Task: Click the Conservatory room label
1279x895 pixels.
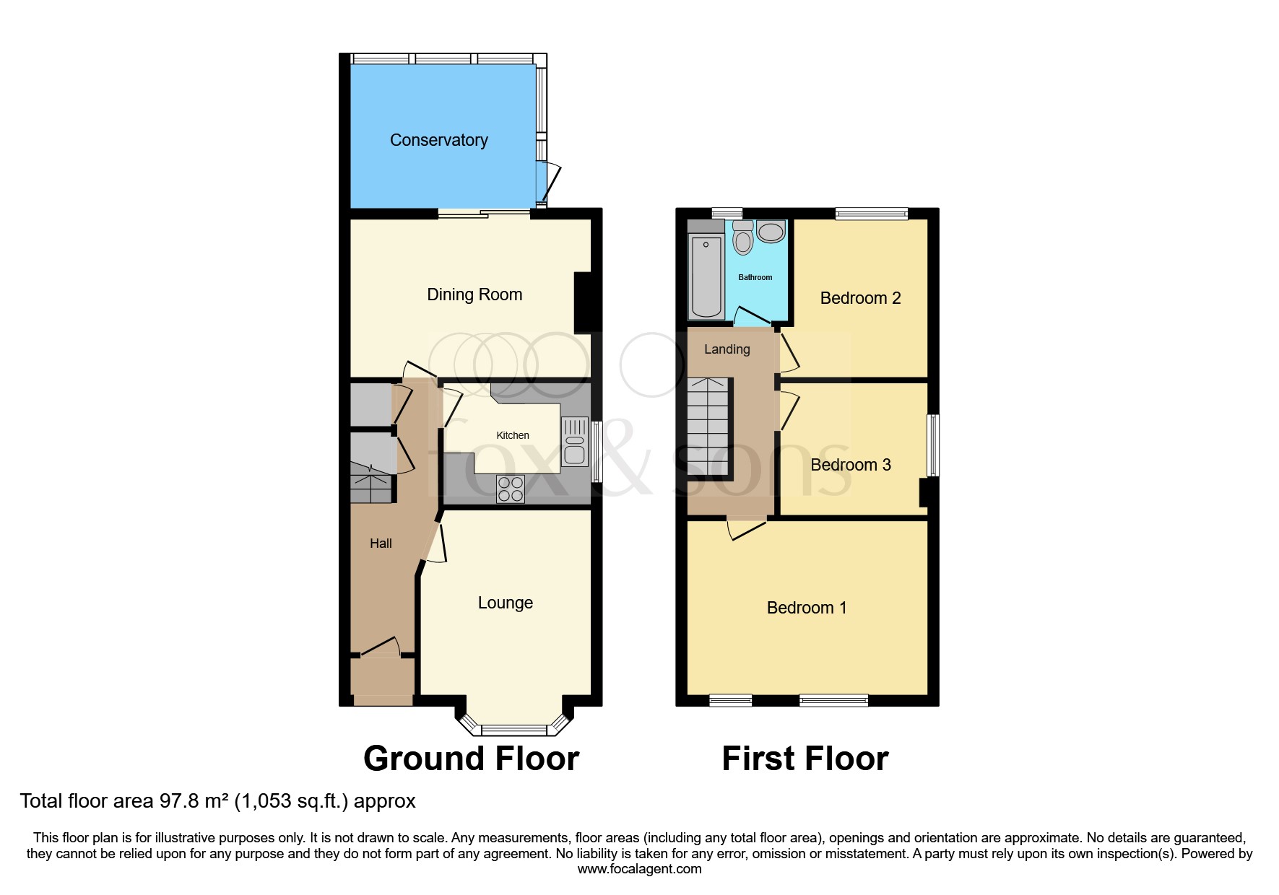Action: coord(438,140)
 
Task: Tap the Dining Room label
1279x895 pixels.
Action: coord(474,294)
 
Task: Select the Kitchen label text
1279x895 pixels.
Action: coord(513,435)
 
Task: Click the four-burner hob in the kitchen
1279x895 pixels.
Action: coord(511,489)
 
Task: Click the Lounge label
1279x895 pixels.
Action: coord(506,603)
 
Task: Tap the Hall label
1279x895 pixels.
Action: coord(381,543)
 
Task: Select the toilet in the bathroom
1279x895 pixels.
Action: coord(742,239)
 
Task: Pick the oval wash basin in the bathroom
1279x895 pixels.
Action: coord(771,232)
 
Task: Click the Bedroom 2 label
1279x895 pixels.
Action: coord(860,298)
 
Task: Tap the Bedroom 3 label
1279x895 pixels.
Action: coord(851,465)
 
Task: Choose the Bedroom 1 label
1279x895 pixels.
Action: coord(806,608)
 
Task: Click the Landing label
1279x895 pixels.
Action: coord(727,349)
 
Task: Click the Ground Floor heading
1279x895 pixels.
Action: coord(471,759)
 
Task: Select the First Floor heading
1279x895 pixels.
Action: coord(805,759)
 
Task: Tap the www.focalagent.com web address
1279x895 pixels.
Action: coord(639,869)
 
